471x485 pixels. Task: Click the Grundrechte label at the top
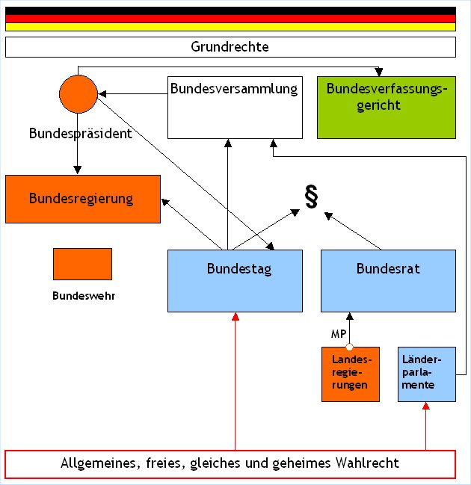(x=230, y=47)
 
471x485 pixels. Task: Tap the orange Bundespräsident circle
(x=78, y=95)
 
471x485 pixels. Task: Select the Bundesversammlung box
(x=234, y=107)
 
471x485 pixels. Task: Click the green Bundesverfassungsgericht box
(x=386, y=107)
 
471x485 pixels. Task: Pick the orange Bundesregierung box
(x=82, y=199)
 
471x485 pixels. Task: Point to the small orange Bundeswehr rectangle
(x=82, y=264)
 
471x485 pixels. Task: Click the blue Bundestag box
(x=235, y=280)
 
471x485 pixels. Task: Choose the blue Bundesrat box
(x=388, y=280)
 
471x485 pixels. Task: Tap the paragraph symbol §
(x=311, y=195)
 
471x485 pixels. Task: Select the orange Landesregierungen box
(x=350, y=374)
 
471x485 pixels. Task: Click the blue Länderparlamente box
(x=427, y=374)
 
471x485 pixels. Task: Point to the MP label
(x=338, y=334)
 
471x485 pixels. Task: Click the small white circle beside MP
(x=349, y=345)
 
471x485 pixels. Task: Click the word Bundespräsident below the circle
(x=81, y=134)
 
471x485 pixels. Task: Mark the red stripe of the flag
(x=230, y=19)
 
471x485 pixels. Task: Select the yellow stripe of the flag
(x=230, y=27)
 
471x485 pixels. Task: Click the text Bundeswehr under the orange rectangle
(x=84, y=295)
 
